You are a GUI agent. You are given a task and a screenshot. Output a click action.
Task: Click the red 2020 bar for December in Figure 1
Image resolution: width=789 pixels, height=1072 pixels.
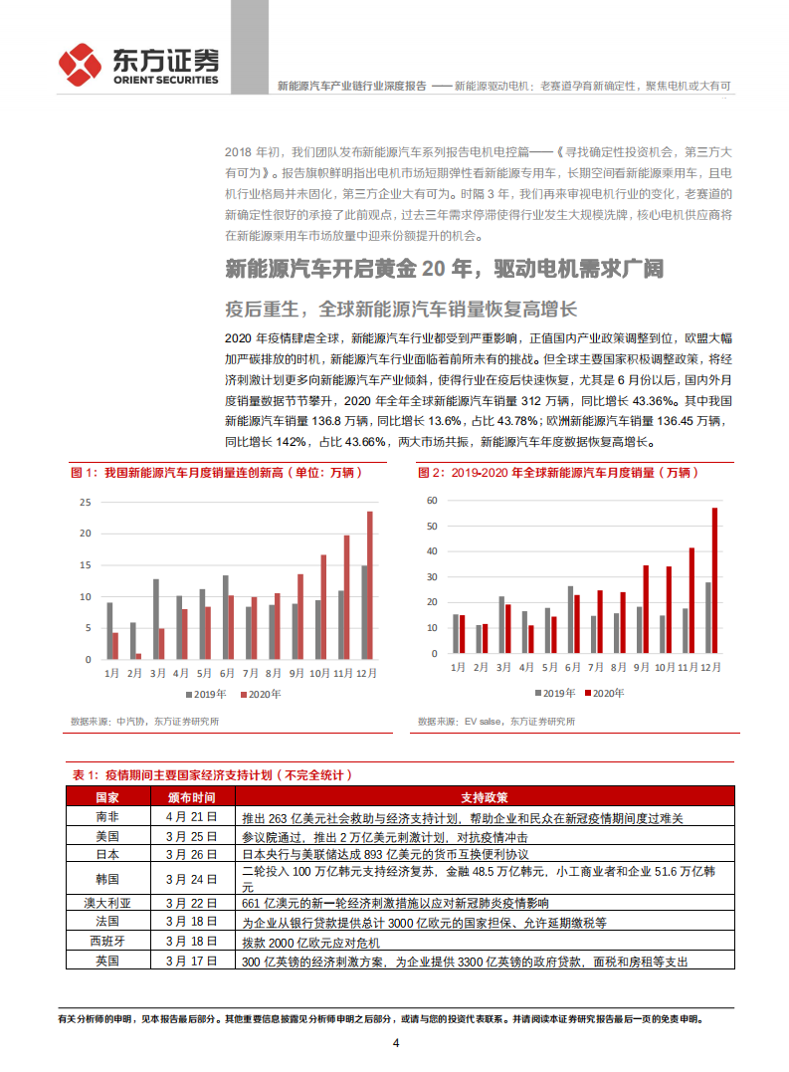(370, 585)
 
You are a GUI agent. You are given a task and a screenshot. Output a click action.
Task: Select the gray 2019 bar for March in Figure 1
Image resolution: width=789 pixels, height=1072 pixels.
(155, 619)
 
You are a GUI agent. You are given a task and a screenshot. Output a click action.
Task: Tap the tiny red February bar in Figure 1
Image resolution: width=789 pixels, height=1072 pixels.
(138, 656)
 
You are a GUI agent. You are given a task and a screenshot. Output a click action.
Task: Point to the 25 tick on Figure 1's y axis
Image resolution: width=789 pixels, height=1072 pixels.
(86, 503)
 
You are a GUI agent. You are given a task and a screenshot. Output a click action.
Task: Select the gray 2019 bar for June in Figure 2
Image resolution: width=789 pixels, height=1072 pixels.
(571, 618)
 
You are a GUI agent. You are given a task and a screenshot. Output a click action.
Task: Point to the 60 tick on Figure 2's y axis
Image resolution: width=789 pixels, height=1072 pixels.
(431, 500)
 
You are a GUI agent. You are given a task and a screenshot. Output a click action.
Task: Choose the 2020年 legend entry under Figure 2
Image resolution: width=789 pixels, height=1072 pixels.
(604, 694)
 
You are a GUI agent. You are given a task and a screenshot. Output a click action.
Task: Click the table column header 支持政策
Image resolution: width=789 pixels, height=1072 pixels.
(485, 797)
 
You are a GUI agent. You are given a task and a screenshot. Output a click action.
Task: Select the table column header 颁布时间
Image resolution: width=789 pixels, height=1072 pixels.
(191, 797)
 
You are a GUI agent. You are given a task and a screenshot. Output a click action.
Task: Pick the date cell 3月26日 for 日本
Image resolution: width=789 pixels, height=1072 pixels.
(191, 854)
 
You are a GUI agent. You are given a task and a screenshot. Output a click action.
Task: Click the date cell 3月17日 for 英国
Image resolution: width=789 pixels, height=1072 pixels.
(191, 961)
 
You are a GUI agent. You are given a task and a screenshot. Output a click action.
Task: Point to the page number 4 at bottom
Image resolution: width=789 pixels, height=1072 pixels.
(395, 1043)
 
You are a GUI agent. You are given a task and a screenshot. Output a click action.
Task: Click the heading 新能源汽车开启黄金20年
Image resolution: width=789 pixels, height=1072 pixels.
(443, 269)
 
